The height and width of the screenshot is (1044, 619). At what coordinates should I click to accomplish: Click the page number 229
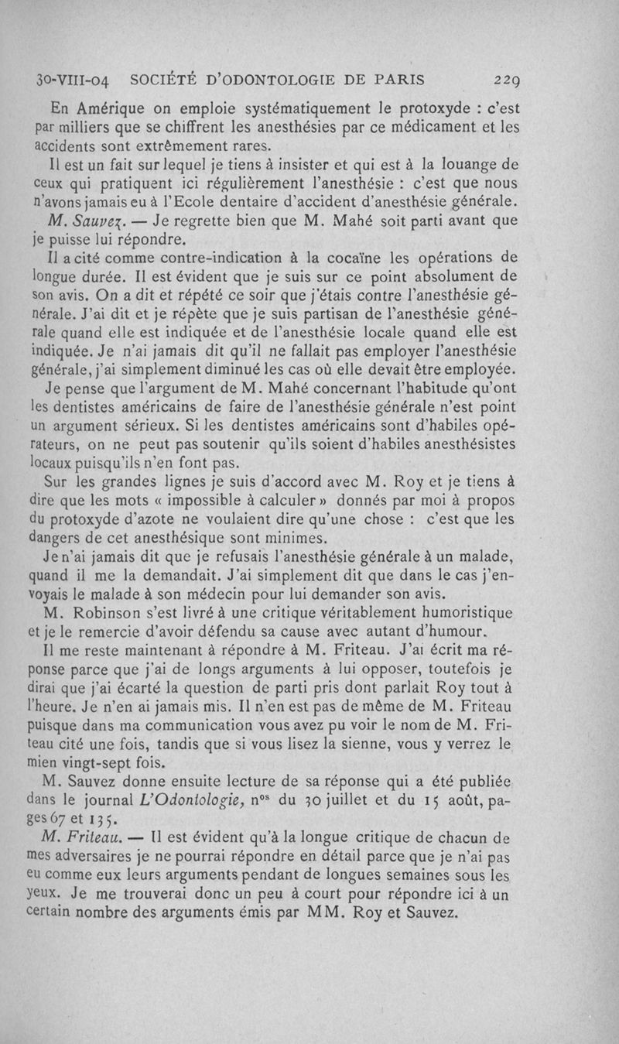509,80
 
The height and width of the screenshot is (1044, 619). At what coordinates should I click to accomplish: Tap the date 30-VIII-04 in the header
75,80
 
